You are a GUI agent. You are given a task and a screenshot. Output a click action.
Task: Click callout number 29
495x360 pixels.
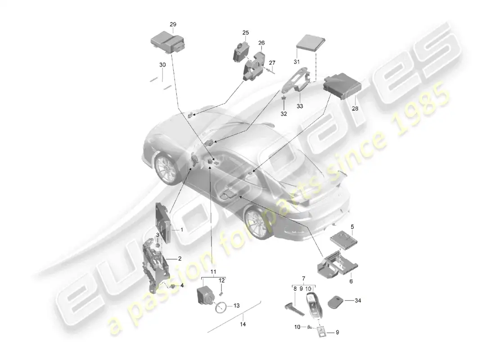[x=173, y=24]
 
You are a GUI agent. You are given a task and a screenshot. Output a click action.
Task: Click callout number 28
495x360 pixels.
[x=355, y=108]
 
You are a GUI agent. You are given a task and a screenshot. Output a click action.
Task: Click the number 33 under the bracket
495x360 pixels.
[x=300, y=106]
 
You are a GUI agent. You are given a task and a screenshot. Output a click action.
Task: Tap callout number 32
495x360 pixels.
[x=284, y=114]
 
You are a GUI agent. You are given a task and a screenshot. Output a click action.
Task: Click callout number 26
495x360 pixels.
[x=261, y=43]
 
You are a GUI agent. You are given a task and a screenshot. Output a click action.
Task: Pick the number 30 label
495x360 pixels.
[x=162, y=65]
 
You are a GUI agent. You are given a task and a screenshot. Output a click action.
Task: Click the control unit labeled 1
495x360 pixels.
[x=163, y=223]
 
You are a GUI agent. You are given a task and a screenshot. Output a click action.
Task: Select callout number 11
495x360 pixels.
[x=213, y=272]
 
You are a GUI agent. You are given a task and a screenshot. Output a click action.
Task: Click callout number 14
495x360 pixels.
[x=243, y=324]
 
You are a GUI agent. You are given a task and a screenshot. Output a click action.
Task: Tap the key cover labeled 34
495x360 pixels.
[x=336, y=302]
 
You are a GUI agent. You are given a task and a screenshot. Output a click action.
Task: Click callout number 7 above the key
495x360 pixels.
[x=304, y=279]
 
